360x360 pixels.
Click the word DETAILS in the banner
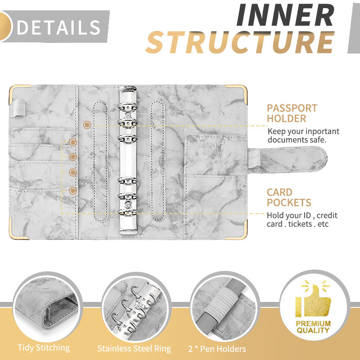point(58,27)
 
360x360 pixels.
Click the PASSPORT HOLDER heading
point(292,113)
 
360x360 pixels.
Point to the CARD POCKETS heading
point(288,198)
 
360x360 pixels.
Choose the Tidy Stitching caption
point(44,347)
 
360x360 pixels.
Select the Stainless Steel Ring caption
point(134,348)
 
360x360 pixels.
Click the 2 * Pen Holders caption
point(217,348)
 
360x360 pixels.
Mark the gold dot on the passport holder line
point(87,125)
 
